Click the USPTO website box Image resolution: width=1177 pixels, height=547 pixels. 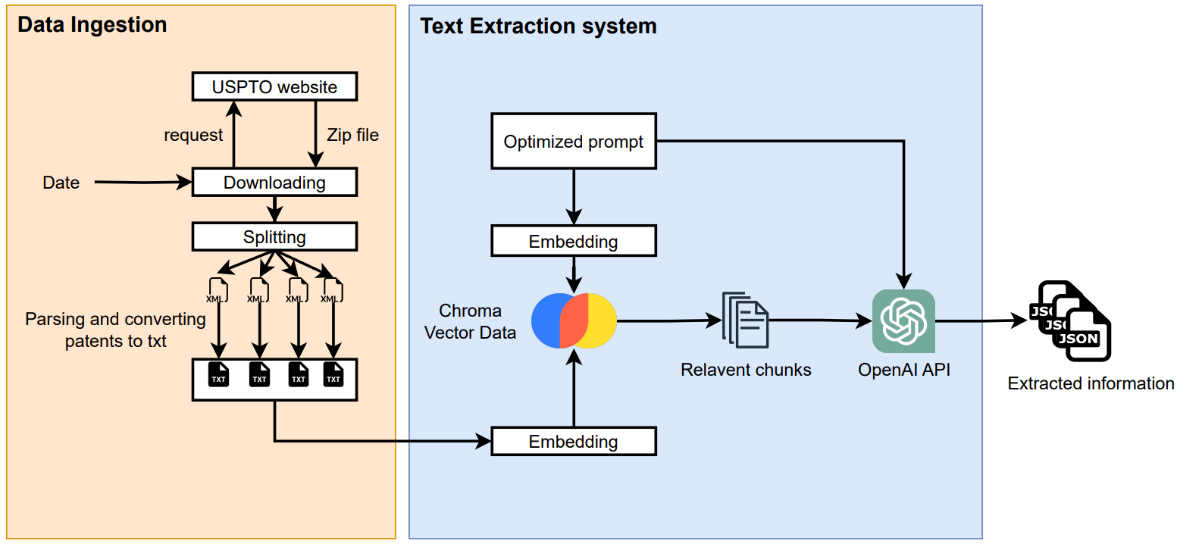(x=274, y=86)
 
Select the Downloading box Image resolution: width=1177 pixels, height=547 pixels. (x=274, y=183)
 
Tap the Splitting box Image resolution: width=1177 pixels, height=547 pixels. (x=274, y=237)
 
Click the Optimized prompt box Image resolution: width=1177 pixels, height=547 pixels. (x=574, y=142)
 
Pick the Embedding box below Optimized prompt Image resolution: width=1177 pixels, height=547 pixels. (x=574, y=242)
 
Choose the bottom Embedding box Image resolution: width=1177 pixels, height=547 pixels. (x=574, y=442)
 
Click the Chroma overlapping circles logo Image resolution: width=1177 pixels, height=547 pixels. (x=574, y=320)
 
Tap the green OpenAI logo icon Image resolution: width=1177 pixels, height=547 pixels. (x=903, y=321)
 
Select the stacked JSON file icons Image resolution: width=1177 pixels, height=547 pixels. (x=1070, y=321)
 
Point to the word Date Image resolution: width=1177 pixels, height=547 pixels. (x=61, y=183)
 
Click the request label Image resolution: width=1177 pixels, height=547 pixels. (x=193, y=135)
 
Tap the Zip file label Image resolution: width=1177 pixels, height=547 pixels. (x=352, y=135)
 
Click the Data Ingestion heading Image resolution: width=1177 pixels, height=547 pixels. (x=92, y=24)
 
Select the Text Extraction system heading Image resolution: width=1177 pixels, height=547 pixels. (x=538, y=26)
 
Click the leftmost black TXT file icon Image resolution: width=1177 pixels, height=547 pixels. (x=218, y=374)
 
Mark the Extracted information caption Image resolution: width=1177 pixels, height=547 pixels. (x=1091, y=383)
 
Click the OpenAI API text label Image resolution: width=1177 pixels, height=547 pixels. (x=903, y=370)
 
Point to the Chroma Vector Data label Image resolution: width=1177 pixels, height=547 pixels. (x=470, y=321)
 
